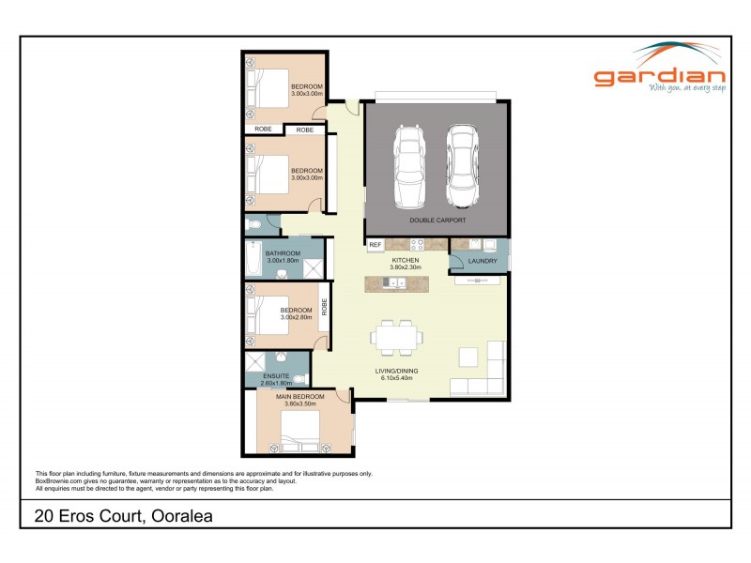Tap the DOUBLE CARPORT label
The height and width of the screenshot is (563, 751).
pyautogui.click(x=437, y=221)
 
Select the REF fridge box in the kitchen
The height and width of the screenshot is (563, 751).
pyautogui.click(x=375, y=245)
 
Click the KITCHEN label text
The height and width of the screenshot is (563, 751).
pyautogui.click(x=405, y=259)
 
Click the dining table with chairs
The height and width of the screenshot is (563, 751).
pyautogui.click(x=397, y=338)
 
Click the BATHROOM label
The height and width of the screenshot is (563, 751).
pyautogui.click(x=283, y=253)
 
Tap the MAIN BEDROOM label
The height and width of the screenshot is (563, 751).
pyautogui.click(x=299, y=397)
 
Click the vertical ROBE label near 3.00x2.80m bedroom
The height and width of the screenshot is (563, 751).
pyautogui.click(x=324, y=307)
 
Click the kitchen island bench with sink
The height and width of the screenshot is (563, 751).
pyautogui.click(x=399, y=282)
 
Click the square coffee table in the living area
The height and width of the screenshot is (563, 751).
pyautogui.click(x=467, y=357)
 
